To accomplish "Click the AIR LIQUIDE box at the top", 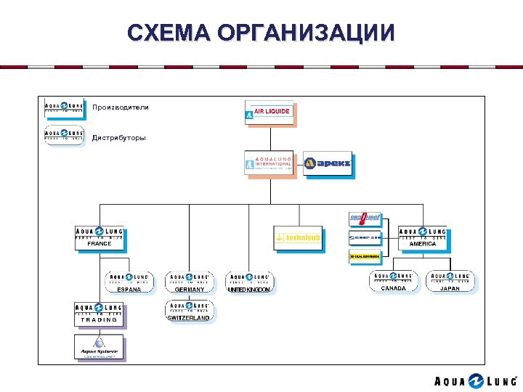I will point(269,112).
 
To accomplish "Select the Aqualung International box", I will point(269,163).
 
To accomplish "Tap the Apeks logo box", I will point(328,163).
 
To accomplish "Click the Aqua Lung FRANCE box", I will point(100,237).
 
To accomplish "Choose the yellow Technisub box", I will point(298,237).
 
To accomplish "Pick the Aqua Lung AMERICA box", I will point(422,237).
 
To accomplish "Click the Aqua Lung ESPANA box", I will point(129,282).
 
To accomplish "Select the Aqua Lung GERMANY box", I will point(189,282).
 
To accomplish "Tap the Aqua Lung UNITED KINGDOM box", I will point(249,282).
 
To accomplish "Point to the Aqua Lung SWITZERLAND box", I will point(189,310).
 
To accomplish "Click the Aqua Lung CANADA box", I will point(393,281).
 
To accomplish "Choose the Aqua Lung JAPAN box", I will point(450,281).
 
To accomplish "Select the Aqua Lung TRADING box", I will point(99,314).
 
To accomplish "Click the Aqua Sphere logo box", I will point(99,347).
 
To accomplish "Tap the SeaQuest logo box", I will point(365,218).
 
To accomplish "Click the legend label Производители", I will point(120,107).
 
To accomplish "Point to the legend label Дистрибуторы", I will point(118,137).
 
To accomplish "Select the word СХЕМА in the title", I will point(168,33).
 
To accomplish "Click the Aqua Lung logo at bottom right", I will point(476,381).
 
